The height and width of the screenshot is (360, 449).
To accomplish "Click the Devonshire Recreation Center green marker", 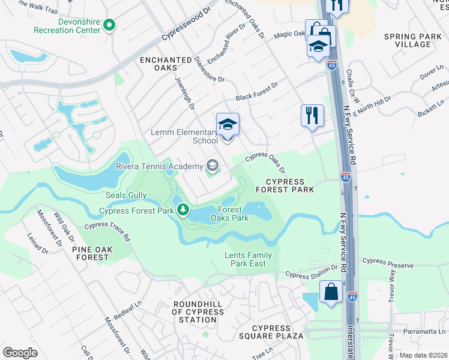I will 109,25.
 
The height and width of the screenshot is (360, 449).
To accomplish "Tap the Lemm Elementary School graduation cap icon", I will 228,125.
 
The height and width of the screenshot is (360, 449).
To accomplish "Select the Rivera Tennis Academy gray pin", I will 212,165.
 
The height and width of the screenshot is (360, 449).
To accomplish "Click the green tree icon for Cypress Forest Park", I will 182,210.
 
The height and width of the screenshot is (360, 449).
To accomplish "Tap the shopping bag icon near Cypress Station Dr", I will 331,293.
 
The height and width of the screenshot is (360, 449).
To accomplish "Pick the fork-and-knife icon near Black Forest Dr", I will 312,115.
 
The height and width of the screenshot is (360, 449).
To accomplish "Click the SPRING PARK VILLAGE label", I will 414,40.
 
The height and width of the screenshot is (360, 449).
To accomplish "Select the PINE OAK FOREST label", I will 92,253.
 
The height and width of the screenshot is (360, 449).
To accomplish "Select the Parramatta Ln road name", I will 425,331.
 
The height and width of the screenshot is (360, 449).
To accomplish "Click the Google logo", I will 20,352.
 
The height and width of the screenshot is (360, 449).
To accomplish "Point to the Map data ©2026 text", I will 423,355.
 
